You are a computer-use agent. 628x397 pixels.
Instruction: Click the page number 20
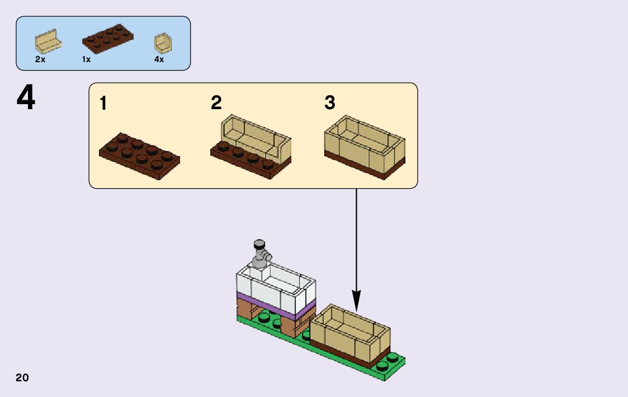pyautogui.click(x=22, y=377)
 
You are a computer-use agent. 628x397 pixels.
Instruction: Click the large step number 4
pyautogui.click(x=26, y=99)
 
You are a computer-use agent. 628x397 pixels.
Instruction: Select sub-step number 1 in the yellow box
pyautogui.click(x=104, y=104)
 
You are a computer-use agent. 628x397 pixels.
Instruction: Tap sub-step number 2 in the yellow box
pyautogui.click(x=216, y=102)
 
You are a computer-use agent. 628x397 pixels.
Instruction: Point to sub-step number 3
pyautogui.click(x=330, y=102)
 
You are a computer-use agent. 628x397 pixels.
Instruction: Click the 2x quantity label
pyautogui.click(x=40, y=59)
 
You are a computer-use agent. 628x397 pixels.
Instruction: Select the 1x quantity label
pyautogui.click(x=86, y=59)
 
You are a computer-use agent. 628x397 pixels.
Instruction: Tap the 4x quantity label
pyautogui.click(x=159, y=59)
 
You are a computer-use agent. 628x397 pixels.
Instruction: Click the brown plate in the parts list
pyautogui.click(x=108, y=39)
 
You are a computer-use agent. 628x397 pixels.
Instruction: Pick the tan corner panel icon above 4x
pyautogui.click(x=163, y=43)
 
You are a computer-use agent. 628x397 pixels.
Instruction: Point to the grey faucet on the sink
pyautogui.click(x=260, y=255)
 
